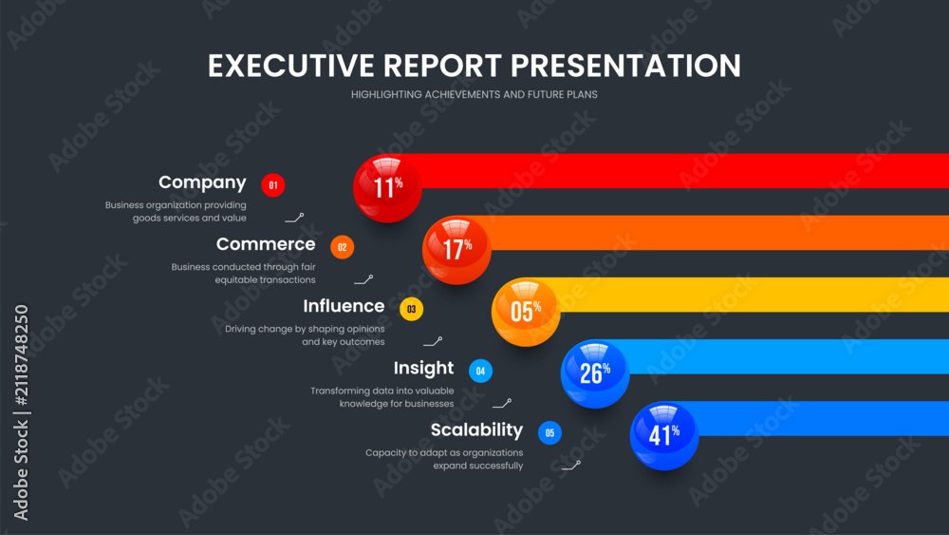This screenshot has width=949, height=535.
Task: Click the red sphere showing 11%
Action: (387, 188)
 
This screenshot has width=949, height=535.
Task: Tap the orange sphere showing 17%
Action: (456, 250)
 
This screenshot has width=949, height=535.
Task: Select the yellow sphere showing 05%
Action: (526, 312)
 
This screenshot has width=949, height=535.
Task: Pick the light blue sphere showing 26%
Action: (595, 373)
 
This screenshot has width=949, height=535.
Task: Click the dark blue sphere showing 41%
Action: (664, 435)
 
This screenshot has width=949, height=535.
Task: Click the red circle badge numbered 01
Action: (273, 185)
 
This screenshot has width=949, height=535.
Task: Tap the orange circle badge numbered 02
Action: (342, 247)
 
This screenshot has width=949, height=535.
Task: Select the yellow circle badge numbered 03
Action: (412, 309)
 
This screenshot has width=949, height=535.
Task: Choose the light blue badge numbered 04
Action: (480, 371)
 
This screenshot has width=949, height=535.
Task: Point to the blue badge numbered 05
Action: (549, 432)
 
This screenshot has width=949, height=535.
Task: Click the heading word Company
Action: (202, 183)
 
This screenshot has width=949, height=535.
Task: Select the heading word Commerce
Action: (266, 244)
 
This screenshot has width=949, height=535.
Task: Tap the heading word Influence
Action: (344, 306)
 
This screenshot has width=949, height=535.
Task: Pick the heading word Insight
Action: (423, 369)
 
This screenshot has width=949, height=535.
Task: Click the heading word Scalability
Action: (477, 430)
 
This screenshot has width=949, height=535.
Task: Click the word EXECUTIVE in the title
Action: (291, 66)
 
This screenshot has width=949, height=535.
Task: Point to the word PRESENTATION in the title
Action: (625, 66)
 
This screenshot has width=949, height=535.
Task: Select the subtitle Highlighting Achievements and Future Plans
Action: (474, 94)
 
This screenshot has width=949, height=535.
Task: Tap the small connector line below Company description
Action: (295, 219)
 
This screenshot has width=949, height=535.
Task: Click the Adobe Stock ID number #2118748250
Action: (21, 355)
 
